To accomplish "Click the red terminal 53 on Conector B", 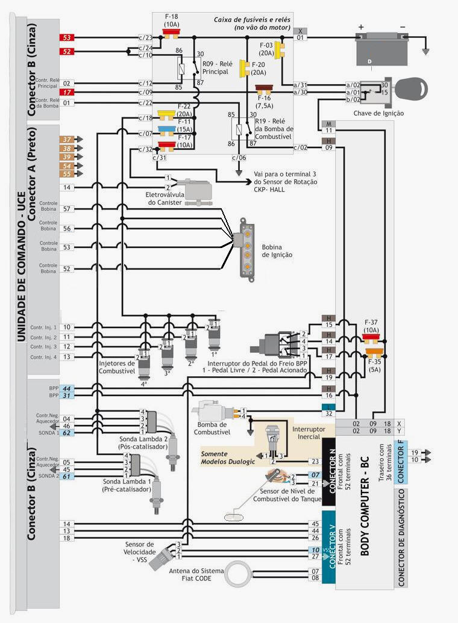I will coord(66,38).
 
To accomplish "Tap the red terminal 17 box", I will coord(66,92).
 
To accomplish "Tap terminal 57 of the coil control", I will coord(66,209).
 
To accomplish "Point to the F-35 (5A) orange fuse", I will coord(374,352).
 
